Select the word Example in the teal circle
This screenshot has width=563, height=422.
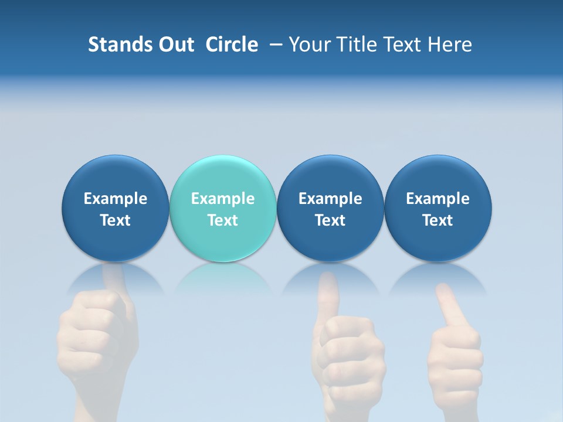tap(223, 199)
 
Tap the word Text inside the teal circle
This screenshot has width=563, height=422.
tap(223, 220)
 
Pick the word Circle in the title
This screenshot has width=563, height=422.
tap(232, 45)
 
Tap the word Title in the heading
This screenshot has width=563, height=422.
tap(359, 45)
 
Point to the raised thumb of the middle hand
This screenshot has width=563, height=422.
tap(328, 293)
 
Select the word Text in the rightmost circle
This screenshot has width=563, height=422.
tap(438, 220)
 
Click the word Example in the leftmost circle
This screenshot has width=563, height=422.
tap(116, 199)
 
